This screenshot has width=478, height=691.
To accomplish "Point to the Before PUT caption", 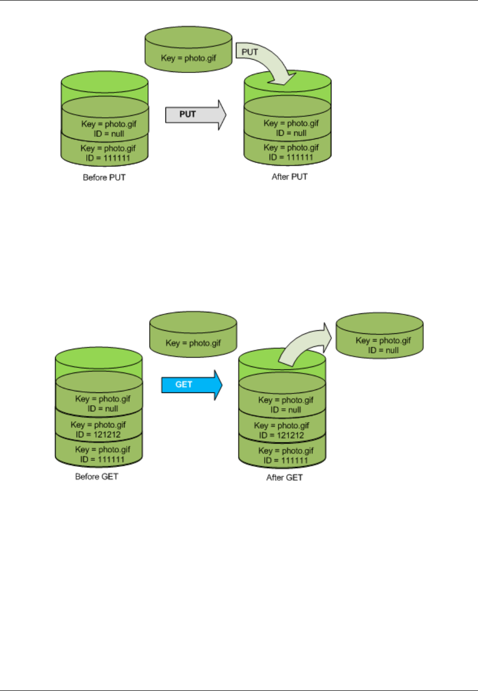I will click(104, 178).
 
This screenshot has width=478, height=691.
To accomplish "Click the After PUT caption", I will click(290, 177).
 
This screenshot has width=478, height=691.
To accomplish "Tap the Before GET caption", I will click(97, 477).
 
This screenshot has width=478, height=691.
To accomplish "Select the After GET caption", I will click(284, 478).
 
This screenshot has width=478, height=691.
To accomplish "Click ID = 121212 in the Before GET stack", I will click(99, 435).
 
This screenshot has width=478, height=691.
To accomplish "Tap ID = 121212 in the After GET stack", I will click(281, 436).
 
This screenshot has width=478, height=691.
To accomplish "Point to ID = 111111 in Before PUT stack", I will click(108, 158).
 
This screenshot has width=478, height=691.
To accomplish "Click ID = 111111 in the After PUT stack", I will click(291, 157).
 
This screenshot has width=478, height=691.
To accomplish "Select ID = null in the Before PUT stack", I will click(109, 134).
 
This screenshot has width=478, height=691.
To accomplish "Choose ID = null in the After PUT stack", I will click(291, 133).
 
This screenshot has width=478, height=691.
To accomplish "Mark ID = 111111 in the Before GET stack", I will click(102, 459).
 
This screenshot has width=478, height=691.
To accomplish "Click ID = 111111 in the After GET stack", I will click(285, 460).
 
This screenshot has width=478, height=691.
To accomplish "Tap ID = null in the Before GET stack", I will click(103, 409).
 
